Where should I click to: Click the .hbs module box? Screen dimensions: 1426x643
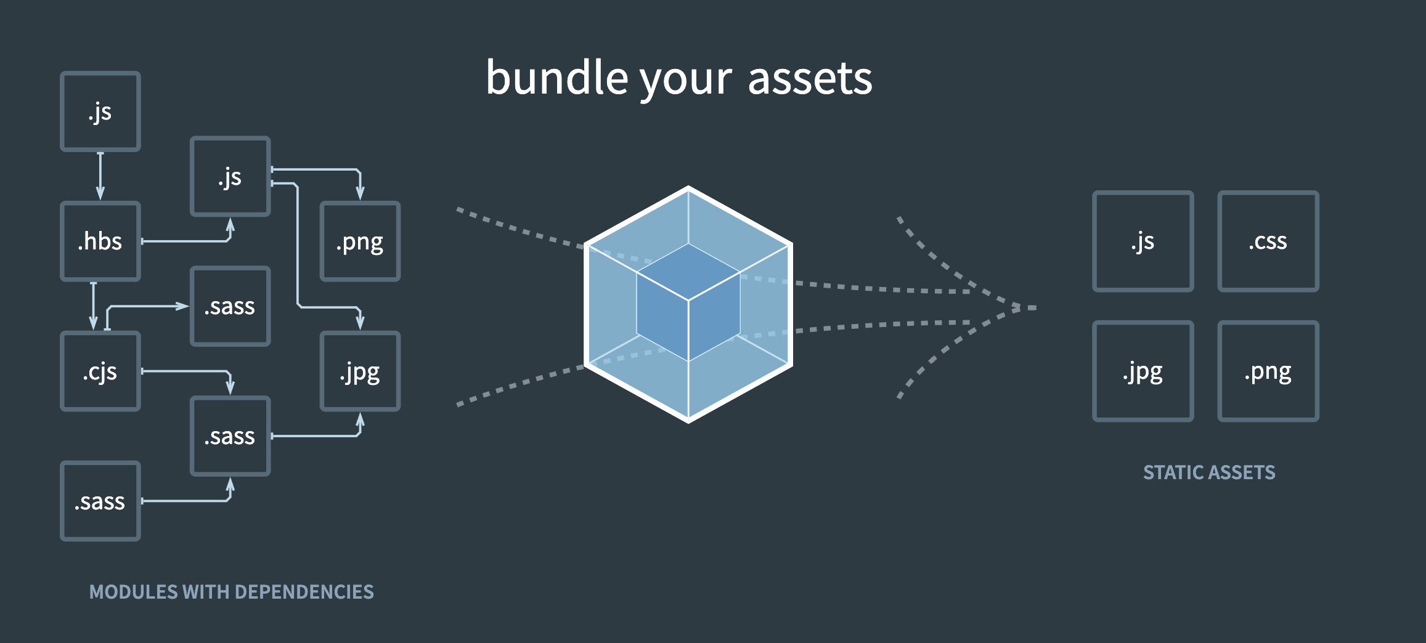point(100,241)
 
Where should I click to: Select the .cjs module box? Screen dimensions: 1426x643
point(100,371)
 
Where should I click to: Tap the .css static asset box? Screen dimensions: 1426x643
point(1268,241)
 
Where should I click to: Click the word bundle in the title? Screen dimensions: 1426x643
point(556,79)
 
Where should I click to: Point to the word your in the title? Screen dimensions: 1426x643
point(685,80)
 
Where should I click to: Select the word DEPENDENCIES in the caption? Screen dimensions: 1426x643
point(304,592)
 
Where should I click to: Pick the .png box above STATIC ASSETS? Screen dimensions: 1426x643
point(1268,371)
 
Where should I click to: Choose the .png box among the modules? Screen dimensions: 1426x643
point(361,241)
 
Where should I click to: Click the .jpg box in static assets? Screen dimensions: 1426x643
point(1143,371)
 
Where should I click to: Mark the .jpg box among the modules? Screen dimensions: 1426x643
point(361,371)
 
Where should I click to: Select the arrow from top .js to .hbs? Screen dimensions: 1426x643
point(100,176)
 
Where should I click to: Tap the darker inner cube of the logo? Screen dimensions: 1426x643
point(688,302)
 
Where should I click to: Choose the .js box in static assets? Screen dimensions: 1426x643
point(1143,241)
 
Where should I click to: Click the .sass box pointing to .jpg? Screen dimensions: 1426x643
point(230,436)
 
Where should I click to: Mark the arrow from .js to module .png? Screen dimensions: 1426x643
point(320,169)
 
